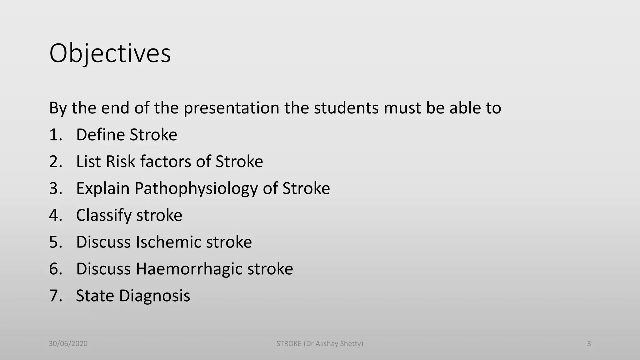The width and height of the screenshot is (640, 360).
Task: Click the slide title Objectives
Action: click(110, 53)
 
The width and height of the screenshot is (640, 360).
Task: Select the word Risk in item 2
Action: click(120, 162)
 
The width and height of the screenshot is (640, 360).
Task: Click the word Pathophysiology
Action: click(196, 188)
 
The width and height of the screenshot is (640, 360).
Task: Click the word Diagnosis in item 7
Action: click(155, 296)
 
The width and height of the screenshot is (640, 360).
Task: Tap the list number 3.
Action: click(54, 188)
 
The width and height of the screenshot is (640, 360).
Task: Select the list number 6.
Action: click(54, 269)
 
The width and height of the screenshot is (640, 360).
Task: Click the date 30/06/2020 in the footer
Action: click(68, 344)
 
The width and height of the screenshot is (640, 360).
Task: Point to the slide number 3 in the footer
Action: click(589, 344)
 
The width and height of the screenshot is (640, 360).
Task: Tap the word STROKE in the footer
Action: click(289, 344)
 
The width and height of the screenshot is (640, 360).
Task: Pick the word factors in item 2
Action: click(165, 162)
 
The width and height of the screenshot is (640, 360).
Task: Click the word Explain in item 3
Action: click(103, 188)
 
